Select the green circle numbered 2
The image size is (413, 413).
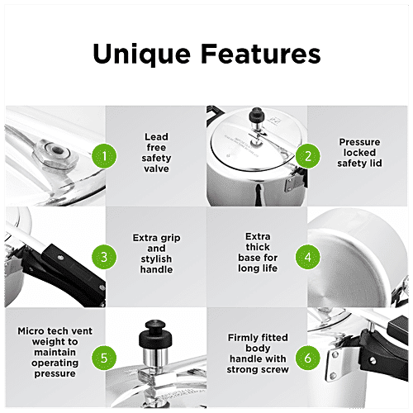coord(307,155)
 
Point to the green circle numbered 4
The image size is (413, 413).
coord(307,257)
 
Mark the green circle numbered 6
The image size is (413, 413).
coord(307,358)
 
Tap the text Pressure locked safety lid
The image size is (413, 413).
coord(359,154)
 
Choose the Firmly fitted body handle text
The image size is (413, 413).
coord(258,354)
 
